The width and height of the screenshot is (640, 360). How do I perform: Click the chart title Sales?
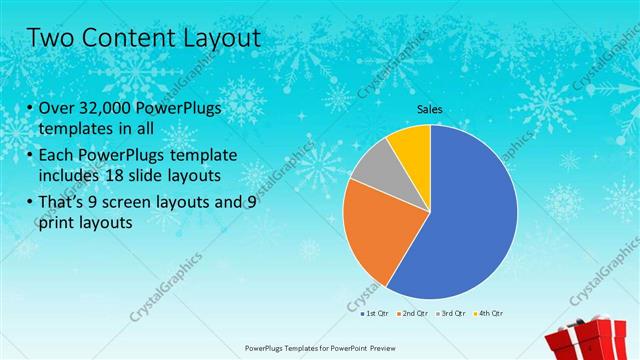tap(430, 110)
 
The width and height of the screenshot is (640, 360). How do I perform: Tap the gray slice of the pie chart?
tap(376, 164)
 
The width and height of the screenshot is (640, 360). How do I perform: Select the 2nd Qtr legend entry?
tap(414, 314)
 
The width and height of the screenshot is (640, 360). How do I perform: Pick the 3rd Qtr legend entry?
tap(451, 314)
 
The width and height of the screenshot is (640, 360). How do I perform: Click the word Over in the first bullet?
tap(56, 107)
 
